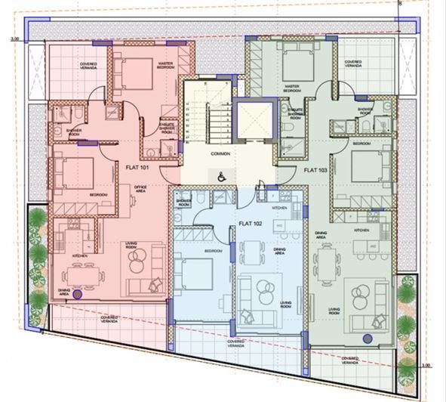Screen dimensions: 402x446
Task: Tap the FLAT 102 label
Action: [x=249, y=224]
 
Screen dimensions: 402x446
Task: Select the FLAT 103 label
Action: [x=315, y=171]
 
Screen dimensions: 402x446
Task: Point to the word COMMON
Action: [x=220, y=153]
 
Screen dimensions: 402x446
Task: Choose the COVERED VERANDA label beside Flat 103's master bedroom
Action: [x=352, y=63]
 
